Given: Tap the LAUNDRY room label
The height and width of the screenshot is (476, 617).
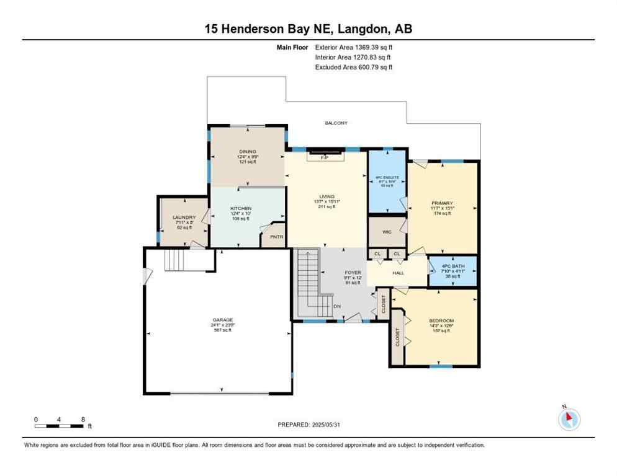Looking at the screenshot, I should pos(183,218).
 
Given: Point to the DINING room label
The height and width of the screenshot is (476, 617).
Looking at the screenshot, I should pos(247,151).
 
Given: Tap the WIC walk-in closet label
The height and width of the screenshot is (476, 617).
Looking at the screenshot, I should pos(386,232).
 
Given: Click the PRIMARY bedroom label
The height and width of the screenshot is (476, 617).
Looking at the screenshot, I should pos(443,203).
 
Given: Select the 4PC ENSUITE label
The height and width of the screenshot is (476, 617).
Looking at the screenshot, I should pos(387,177).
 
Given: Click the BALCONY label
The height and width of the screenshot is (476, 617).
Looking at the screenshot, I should pos(337,123).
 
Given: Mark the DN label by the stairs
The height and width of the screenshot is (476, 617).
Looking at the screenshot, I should pos(338,306).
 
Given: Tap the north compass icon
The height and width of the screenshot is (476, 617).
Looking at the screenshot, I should pos(569,419).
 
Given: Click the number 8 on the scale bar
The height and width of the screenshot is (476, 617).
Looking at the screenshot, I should pos(83,419).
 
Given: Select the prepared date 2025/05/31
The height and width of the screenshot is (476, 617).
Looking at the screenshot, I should pos(331,424).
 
